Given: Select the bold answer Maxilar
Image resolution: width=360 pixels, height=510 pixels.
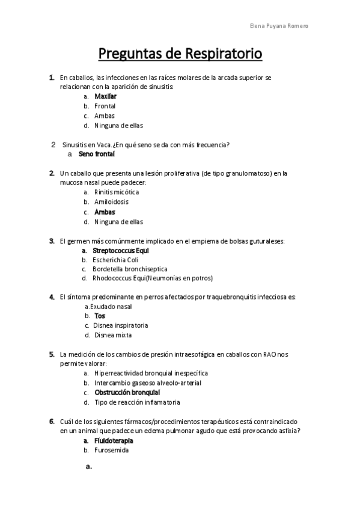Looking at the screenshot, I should click(x=105, y=96).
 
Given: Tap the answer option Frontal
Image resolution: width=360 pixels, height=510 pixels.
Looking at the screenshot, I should click(x=105, y=106).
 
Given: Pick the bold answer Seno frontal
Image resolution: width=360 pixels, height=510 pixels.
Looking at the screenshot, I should click(x=96, y=154).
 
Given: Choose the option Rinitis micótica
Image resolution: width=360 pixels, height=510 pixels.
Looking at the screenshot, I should click(x=117, y=192).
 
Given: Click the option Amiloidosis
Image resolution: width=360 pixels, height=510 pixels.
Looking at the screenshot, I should click(x=111, y=202).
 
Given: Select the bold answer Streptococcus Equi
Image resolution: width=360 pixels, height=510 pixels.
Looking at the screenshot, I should click(x=120, y=250).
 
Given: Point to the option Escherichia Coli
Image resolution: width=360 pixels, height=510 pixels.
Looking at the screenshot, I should click(x=115, y=259).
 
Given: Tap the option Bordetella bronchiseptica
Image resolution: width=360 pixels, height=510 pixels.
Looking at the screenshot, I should click(x=130, y=269).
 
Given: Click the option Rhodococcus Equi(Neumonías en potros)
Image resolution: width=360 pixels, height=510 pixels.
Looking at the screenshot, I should click(x=153, y=278).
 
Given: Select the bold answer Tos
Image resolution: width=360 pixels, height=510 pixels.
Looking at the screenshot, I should click(x=100, y=316).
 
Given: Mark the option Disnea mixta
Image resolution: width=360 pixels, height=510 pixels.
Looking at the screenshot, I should click(x=112, y=335).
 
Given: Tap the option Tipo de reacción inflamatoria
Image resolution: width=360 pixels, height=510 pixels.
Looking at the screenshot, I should click(x=137, y=402).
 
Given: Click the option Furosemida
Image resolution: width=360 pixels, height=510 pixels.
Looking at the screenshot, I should click(x=111, y=450).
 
